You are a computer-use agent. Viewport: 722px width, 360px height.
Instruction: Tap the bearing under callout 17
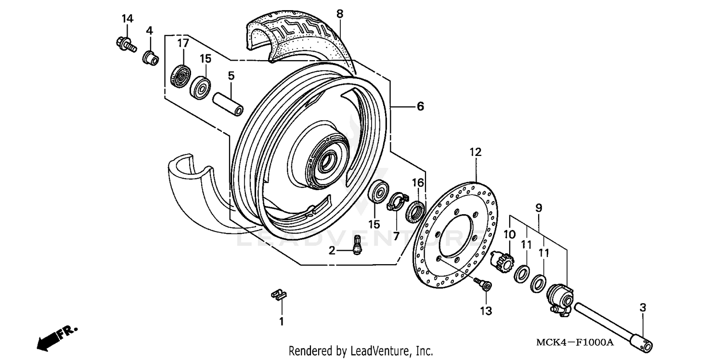181,76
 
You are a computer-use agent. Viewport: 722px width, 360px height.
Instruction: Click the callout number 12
475,153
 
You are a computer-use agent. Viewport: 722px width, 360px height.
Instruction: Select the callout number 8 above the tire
340,14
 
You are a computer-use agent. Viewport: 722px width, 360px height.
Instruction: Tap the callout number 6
420,106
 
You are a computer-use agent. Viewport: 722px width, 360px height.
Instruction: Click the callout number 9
538,208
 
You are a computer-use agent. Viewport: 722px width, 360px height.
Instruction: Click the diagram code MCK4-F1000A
575,342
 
